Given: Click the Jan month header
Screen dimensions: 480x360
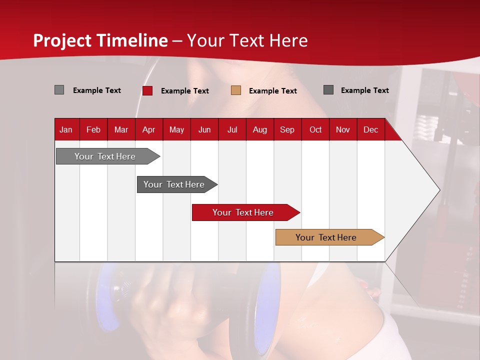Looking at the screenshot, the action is (66, 130).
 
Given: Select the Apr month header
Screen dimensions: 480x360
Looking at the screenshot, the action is (149, 130).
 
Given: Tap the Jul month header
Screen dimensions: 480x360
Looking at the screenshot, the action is (232, 130).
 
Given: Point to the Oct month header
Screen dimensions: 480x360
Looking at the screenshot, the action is (315, 130).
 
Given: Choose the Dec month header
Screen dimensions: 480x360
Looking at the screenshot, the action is (370, 130).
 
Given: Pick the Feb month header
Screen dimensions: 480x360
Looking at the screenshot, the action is (93, 130).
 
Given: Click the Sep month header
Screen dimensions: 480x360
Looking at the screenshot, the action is (287, 130).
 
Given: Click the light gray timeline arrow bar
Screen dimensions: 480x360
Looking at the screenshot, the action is (108, 156).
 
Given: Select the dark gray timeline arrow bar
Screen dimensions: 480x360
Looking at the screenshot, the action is (177, 184).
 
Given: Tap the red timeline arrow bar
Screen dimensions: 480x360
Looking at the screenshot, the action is (246, 212).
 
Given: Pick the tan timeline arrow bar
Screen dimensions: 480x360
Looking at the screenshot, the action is (330, 237).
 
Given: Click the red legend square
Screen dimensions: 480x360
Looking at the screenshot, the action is (147, 90).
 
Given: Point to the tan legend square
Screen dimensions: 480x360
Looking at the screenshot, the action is (236, 90).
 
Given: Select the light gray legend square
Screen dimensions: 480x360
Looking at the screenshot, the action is (59, 89).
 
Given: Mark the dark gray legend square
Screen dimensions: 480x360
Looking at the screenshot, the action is (328, 89).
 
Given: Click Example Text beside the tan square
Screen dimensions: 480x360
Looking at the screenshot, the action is (273, 91).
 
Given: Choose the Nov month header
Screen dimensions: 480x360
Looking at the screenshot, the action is (343, 130).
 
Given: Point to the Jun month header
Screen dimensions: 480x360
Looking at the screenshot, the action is (204, 130).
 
